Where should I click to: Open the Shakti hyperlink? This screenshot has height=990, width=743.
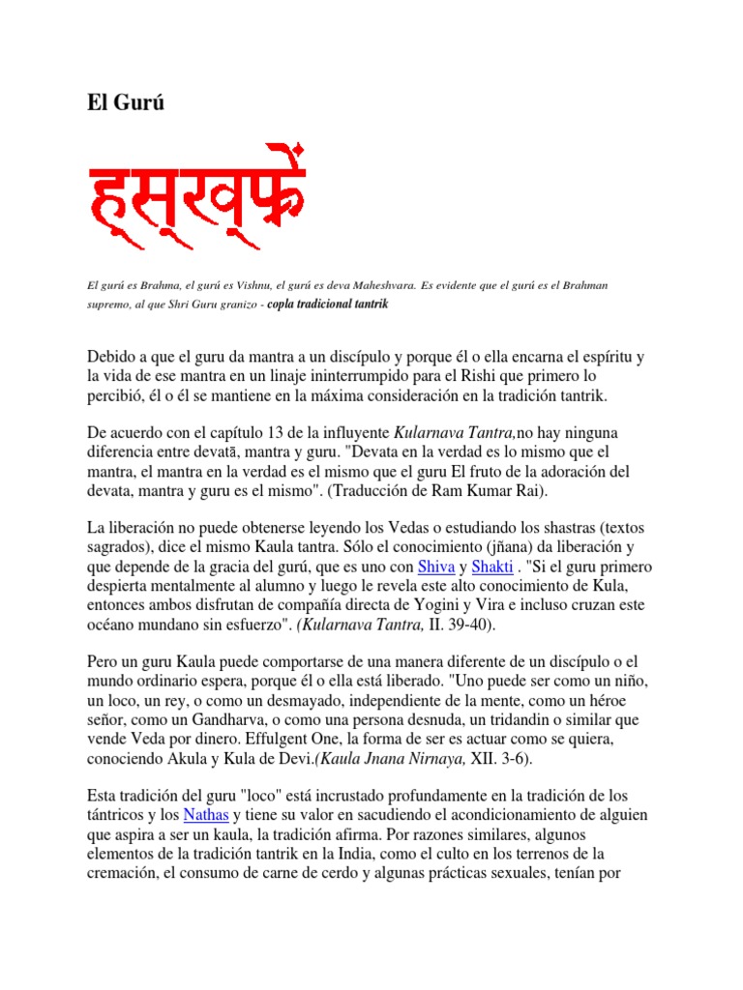(x=491, y=567)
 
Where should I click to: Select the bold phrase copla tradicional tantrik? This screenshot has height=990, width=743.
(x=332, y=304)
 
